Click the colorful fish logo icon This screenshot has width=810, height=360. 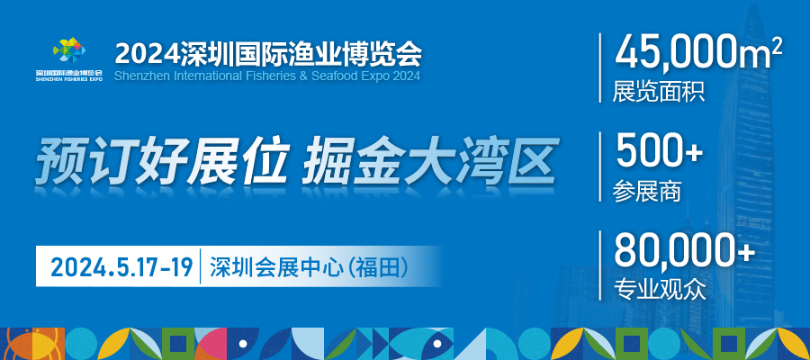tap(69, 50)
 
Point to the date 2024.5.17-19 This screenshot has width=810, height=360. tap(121, 268)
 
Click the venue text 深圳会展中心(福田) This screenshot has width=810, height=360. tap(310, 268)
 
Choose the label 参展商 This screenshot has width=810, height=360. tap(647, 192)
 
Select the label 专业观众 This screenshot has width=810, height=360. tap(659, 290)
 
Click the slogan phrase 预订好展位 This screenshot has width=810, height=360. tap(161, 159)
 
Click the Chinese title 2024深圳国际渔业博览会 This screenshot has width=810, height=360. tap(268, 53)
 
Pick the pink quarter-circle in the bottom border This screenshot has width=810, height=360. tap(211, 343)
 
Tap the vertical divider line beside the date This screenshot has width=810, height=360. tap(201, 268)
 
